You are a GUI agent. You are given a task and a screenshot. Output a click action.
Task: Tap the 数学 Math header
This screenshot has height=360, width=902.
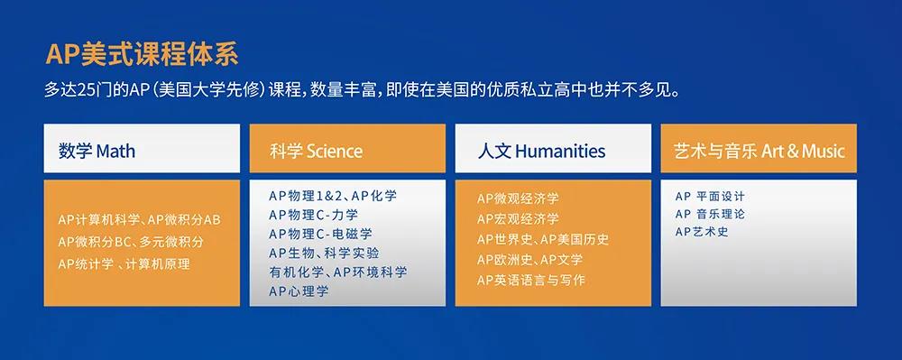[x=97, y=150]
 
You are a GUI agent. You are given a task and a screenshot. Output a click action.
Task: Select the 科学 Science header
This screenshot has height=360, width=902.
[x=316, y=150]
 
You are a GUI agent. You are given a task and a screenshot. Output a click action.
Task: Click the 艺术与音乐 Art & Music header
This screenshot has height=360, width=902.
[x=759, y=150]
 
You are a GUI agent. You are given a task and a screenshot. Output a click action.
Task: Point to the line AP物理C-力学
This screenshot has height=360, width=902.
[x=313, y=214]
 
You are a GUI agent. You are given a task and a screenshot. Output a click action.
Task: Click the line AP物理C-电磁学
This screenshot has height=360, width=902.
[x=319, y=234]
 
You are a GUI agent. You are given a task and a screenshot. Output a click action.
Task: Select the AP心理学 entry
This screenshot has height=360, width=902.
[x=299, y=291]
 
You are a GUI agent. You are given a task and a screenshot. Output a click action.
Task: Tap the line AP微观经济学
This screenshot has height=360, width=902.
[x=518, y=198]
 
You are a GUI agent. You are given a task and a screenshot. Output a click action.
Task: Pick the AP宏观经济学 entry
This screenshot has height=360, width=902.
[x=518, y=219]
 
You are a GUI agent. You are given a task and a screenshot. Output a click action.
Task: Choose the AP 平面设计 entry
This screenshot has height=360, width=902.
[x=710, y=196]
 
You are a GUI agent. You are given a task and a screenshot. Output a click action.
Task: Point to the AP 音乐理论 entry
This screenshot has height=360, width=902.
[x=710, y=214]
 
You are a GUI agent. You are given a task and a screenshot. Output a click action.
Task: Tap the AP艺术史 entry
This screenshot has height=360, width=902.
[x=701, y=232]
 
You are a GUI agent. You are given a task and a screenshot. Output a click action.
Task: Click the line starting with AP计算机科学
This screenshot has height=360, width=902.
[x=139, y=220]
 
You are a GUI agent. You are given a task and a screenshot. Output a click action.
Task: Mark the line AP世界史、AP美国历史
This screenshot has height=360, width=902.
[x=542, y=239]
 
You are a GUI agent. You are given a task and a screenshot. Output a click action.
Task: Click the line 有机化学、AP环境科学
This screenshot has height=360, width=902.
[x=337, y=272]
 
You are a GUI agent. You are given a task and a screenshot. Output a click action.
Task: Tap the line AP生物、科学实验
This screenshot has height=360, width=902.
[x=324, y=253]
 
